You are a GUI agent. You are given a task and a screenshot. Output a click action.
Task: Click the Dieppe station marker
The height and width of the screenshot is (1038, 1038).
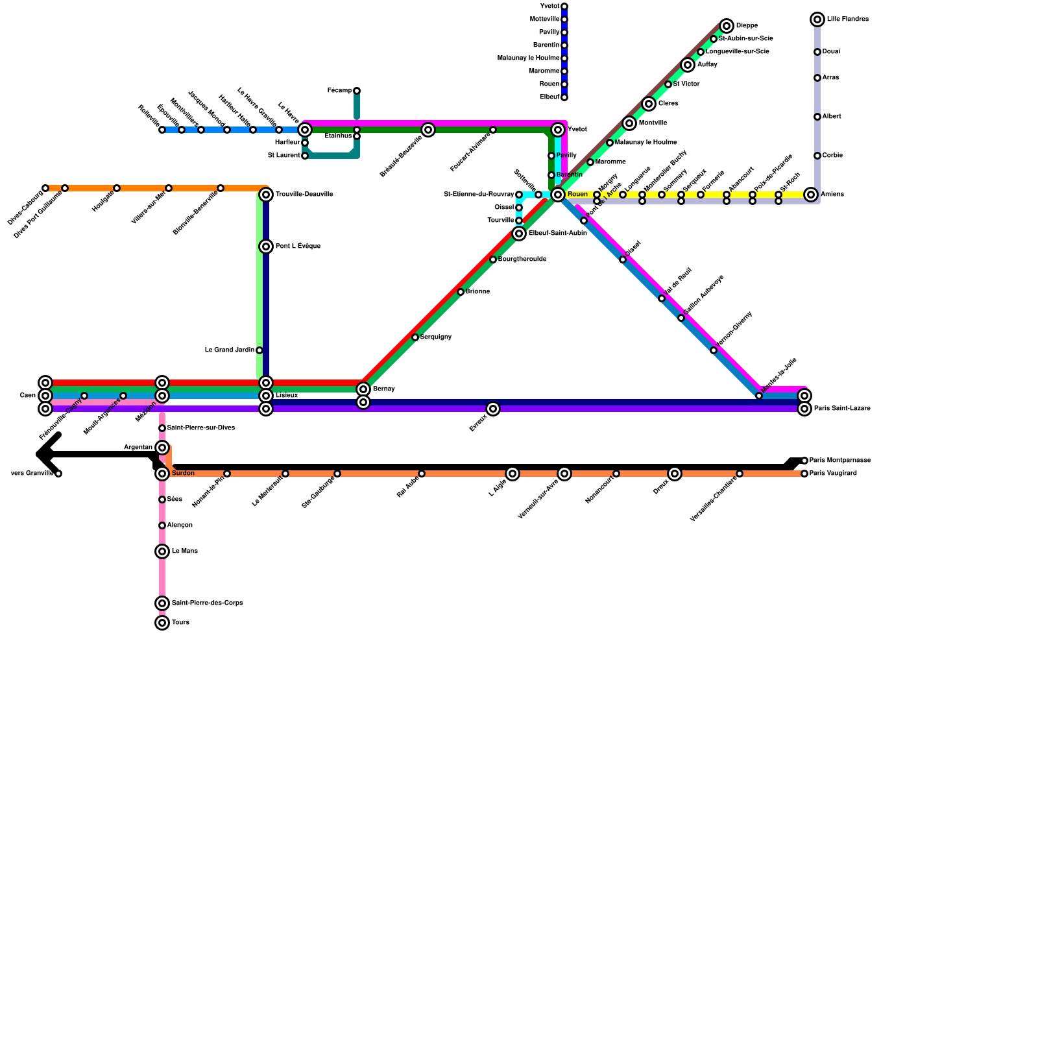click(727, 26)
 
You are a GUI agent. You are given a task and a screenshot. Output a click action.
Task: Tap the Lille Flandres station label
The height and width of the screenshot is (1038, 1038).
click(847, 19)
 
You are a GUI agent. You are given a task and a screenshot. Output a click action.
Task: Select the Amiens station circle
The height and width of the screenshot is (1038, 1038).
click(811, 195)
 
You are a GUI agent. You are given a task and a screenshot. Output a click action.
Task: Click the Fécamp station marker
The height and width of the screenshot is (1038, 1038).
click(357, 91)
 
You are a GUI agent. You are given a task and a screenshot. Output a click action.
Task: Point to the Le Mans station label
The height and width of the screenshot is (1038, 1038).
click(185, 551)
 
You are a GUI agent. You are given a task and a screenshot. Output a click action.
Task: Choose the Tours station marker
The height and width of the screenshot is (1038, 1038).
click(162, 623)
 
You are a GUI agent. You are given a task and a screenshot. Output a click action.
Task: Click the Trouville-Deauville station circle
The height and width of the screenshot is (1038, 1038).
click(266, 195)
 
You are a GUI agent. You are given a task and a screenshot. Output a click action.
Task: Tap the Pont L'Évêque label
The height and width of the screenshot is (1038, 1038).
click(297, 247)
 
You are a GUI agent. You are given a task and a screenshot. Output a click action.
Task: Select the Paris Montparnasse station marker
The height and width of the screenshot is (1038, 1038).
click(804, 461)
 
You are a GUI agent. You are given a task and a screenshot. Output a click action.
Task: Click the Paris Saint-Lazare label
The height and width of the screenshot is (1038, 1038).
click(842, 409)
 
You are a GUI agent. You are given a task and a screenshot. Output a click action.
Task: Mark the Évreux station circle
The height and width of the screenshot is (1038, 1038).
click(493, 409)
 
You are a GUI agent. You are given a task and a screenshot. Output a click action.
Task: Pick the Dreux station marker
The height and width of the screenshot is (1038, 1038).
click(675, 474)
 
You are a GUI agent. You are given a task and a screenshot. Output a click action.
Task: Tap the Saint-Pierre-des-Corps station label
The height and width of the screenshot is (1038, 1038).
click(207, 603)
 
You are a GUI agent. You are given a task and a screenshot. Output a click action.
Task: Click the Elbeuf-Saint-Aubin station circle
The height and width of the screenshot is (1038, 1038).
click(519, 234)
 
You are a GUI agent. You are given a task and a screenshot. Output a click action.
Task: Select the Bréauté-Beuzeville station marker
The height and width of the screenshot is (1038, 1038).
click(428, 130)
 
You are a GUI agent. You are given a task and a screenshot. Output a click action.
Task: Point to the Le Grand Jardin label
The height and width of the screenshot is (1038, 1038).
click(230, 350)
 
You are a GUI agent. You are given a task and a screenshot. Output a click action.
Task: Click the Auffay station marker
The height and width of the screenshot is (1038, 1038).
click(688, 65)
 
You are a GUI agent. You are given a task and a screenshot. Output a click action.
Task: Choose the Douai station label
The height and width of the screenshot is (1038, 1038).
click(831, 52)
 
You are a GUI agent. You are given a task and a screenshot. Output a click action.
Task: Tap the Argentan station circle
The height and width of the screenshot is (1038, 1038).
click(162, 448)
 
